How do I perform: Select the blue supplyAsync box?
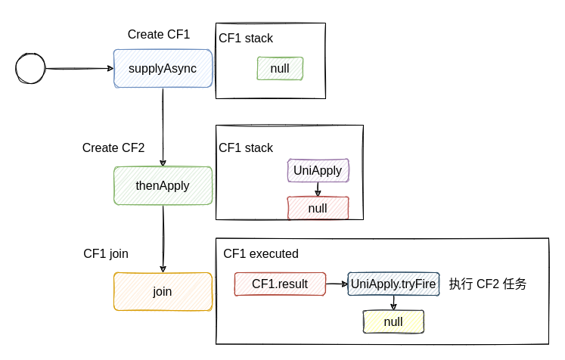(x=163, y=69)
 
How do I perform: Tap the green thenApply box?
(x=163, y=185)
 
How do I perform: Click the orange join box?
(x=163, y=291)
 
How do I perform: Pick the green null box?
(x=280, y=69)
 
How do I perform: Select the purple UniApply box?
(x=318, y=170)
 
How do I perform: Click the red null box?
(x=318, y=208)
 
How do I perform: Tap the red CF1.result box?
(x=280, y=284)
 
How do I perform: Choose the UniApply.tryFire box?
(x=393, y=284)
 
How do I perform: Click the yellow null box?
(x=393, y=321)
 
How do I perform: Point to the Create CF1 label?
(x=159, y=34)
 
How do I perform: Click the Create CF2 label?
(x=113, y=147)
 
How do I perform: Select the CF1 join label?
(x=106, y=253)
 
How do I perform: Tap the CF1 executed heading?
(x=261, y=253)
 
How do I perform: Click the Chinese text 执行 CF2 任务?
(x=488, y=284)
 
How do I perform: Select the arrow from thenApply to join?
(x=163, y=238)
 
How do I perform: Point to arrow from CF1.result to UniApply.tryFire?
(x=337, y=284)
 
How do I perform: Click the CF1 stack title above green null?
(x=246, y=38)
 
